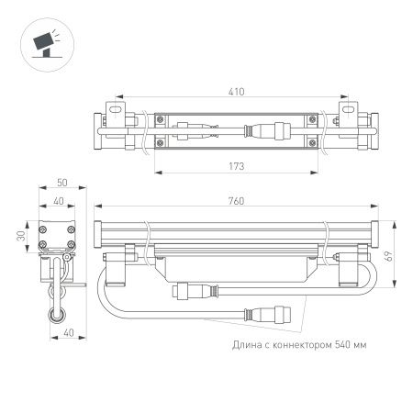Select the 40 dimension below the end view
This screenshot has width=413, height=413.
point(61,334)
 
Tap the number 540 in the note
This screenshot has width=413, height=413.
point(339,345)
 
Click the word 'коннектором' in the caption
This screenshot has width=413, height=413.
point(295,345)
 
